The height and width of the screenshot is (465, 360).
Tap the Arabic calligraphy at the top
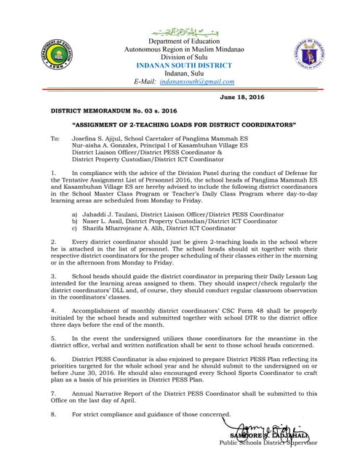click(x=180, y=32)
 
